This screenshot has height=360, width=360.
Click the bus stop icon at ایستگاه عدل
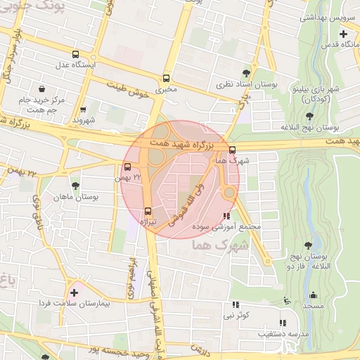point(76,54)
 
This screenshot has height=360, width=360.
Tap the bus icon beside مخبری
point(167,79)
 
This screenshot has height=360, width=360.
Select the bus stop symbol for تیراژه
point(148,211)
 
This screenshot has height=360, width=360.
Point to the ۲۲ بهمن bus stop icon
point(127,167)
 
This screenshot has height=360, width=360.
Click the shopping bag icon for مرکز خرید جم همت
point(43,89)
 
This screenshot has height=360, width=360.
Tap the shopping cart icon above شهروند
point(84,110)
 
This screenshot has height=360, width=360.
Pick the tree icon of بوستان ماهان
point(75,186)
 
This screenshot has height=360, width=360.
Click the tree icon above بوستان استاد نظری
point(245,72)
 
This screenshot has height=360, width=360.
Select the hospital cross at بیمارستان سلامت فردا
point(74,292)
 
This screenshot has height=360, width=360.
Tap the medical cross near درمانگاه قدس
point(343,34)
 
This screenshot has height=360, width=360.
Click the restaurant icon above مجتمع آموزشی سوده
point(226,216)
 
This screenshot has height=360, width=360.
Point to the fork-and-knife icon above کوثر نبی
point(236,305)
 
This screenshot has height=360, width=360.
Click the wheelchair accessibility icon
point(285,301)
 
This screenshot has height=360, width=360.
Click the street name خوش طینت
point(131,89)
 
